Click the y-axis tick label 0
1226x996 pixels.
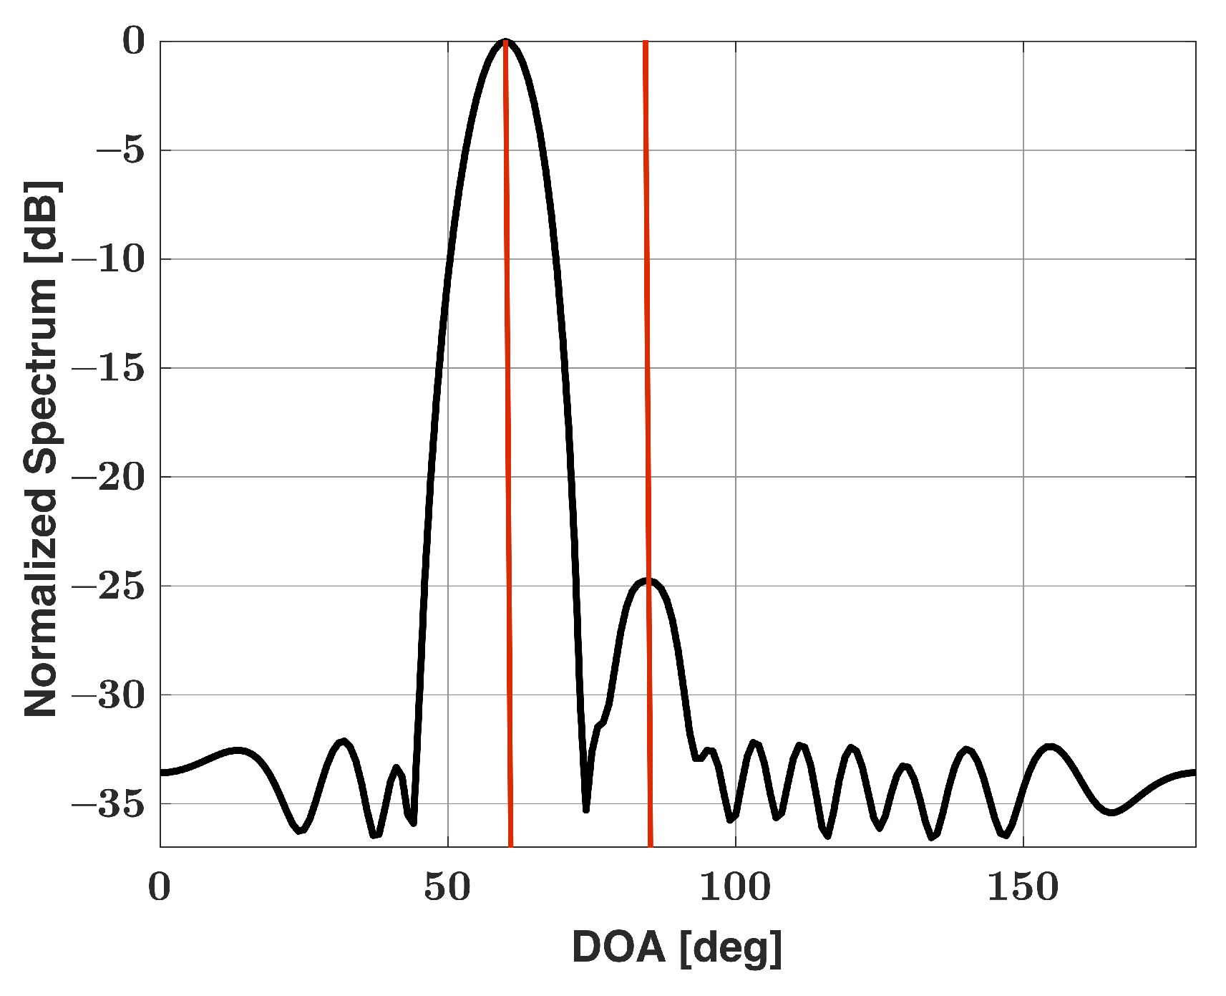pos(134,42)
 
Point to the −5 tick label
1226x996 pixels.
pos(120,150)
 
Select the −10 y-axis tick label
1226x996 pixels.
pos(109,259)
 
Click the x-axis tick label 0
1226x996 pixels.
pos(160,886)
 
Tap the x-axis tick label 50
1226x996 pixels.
pos(447,886)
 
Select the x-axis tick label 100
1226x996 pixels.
pos(735,886)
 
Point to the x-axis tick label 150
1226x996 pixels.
pos(1023,886)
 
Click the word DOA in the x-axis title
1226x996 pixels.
pos(619,947)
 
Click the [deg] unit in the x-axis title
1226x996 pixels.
pos(730,949)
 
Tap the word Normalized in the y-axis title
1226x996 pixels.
pos(41,603)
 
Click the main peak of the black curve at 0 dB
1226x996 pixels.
pos(505,42)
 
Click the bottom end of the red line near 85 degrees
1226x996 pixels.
pos(651,843)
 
